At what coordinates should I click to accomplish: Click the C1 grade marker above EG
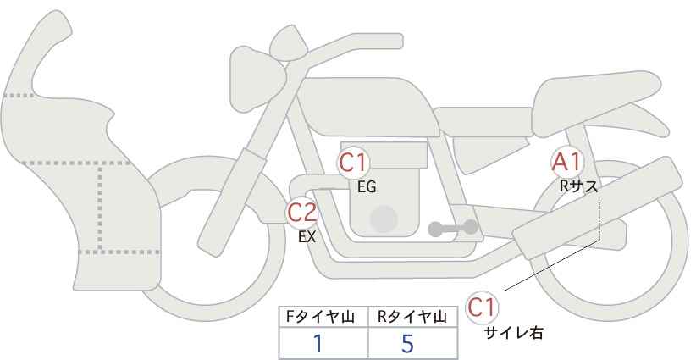[x=353, y=163]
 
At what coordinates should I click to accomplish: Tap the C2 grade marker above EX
[x=302, y=212]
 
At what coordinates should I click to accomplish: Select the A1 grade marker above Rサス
[x=566, y=162]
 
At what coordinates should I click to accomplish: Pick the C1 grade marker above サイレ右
[x=482, y=307]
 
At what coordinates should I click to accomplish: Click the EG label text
[x=367, y=187]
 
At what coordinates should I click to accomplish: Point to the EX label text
[x=307, y=237]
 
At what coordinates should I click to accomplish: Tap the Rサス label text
[x=578, y=186]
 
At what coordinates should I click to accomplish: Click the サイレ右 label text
[x=514, y=333]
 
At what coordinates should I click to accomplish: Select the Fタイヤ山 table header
[x=320, y=317]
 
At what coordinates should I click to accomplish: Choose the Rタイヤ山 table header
[x=412, y=317]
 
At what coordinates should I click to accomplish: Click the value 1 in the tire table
[x=318, y=344]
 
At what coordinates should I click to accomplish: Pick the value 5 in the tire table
[x=407, y=344]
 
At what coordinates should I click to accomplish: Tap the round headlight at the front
[x=257, y=79]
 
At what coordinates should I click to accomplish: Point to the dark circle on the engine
[x=384, y=219]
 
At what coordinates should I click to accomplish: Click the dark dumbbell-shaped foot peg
[x=453, y=228]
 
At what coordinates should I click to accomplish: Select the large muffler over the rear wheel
[x=597, y=208]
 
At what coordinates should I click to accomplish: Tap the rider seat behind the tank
[x=483, y=122]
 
